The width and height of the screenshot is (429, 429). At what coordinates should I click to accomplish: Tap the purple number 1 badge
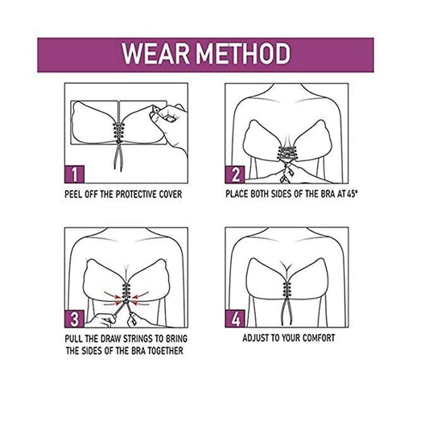[x=73, y=173]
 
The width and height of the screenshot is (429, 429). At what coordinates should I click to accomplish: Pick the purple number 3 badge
[x=73, y=316]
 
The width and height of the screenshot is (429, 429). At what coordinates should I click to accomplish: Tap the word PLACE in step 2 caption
[x=241, y=194]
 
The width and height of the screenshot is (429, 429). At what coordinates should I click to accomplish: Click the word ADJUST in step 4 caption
[x=258, y=338]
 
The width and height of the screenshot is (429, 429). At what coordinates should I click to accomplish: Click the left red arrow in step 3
[x=109, y=299]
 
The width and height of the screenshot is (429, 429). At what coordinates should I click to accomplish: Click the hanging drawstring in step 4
[x=288, y=308]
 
